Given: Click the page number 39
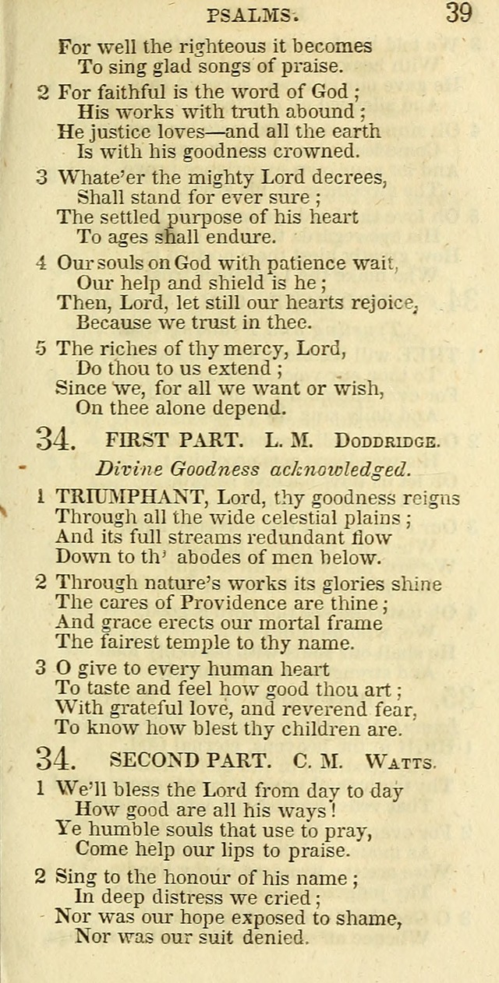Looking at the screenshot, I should pyautogui.click(x=458, y=13).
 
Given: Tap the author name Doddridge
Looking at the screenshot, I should pyautogui.click(x=388, y=441).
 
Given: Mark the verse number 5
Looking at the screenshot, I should pyautogui.click(x=42, y=348).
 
